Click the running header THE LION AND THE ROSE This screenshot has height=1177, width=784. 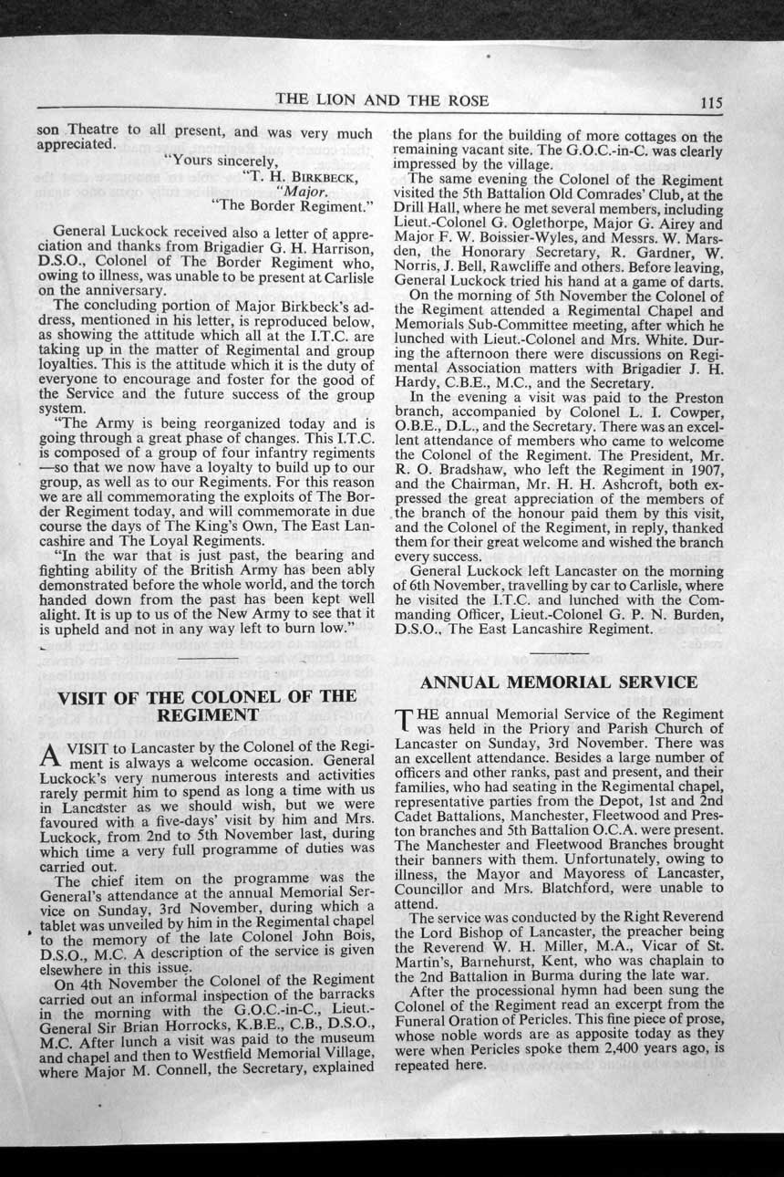[382, 100]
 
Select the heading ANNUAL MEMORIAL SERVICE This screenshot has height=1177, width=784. [559, 682]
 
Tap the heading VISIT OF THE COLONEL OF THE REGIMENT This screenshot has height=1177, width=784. [206, 705]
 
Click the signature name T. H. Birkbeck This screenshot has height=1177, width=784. [300, 177]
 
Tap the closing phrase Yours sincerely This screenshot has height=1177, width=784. [219, 161]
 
